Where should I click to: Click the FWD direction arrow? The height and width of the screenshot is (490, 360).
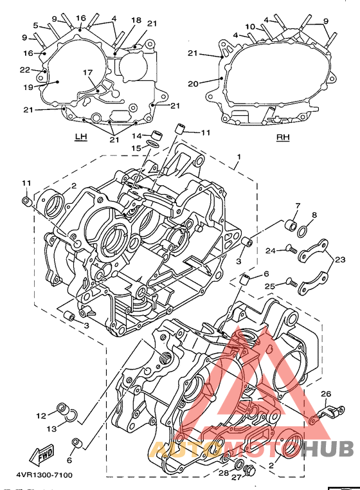(x=42, y=454)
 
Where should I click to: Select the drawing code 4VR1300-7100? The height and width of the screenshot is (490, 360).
(x=44, y=475)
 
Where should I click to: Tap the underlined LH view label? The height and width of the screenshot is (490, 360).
(x=80, y=136)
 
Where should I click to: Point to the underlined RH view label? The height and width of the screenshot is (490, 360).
(x=283, y=137)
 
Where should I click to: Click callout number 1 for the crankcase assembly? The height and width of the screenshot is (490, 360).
(x=239, y=156)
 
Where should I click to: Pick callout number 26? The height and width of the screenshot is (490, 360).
(x=326, y=394)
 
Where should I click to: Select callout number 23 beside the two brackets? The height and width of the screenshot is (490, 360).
(x=340, y=259)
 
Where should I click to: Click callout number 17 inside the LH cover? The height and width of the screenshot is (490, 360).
(x=88, y=73)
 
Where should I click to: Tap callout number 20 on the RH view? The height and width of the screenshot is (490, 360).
(x=193, y=84)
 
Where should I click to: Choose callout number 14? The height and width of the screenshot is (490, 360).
(x=136, y=136)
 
